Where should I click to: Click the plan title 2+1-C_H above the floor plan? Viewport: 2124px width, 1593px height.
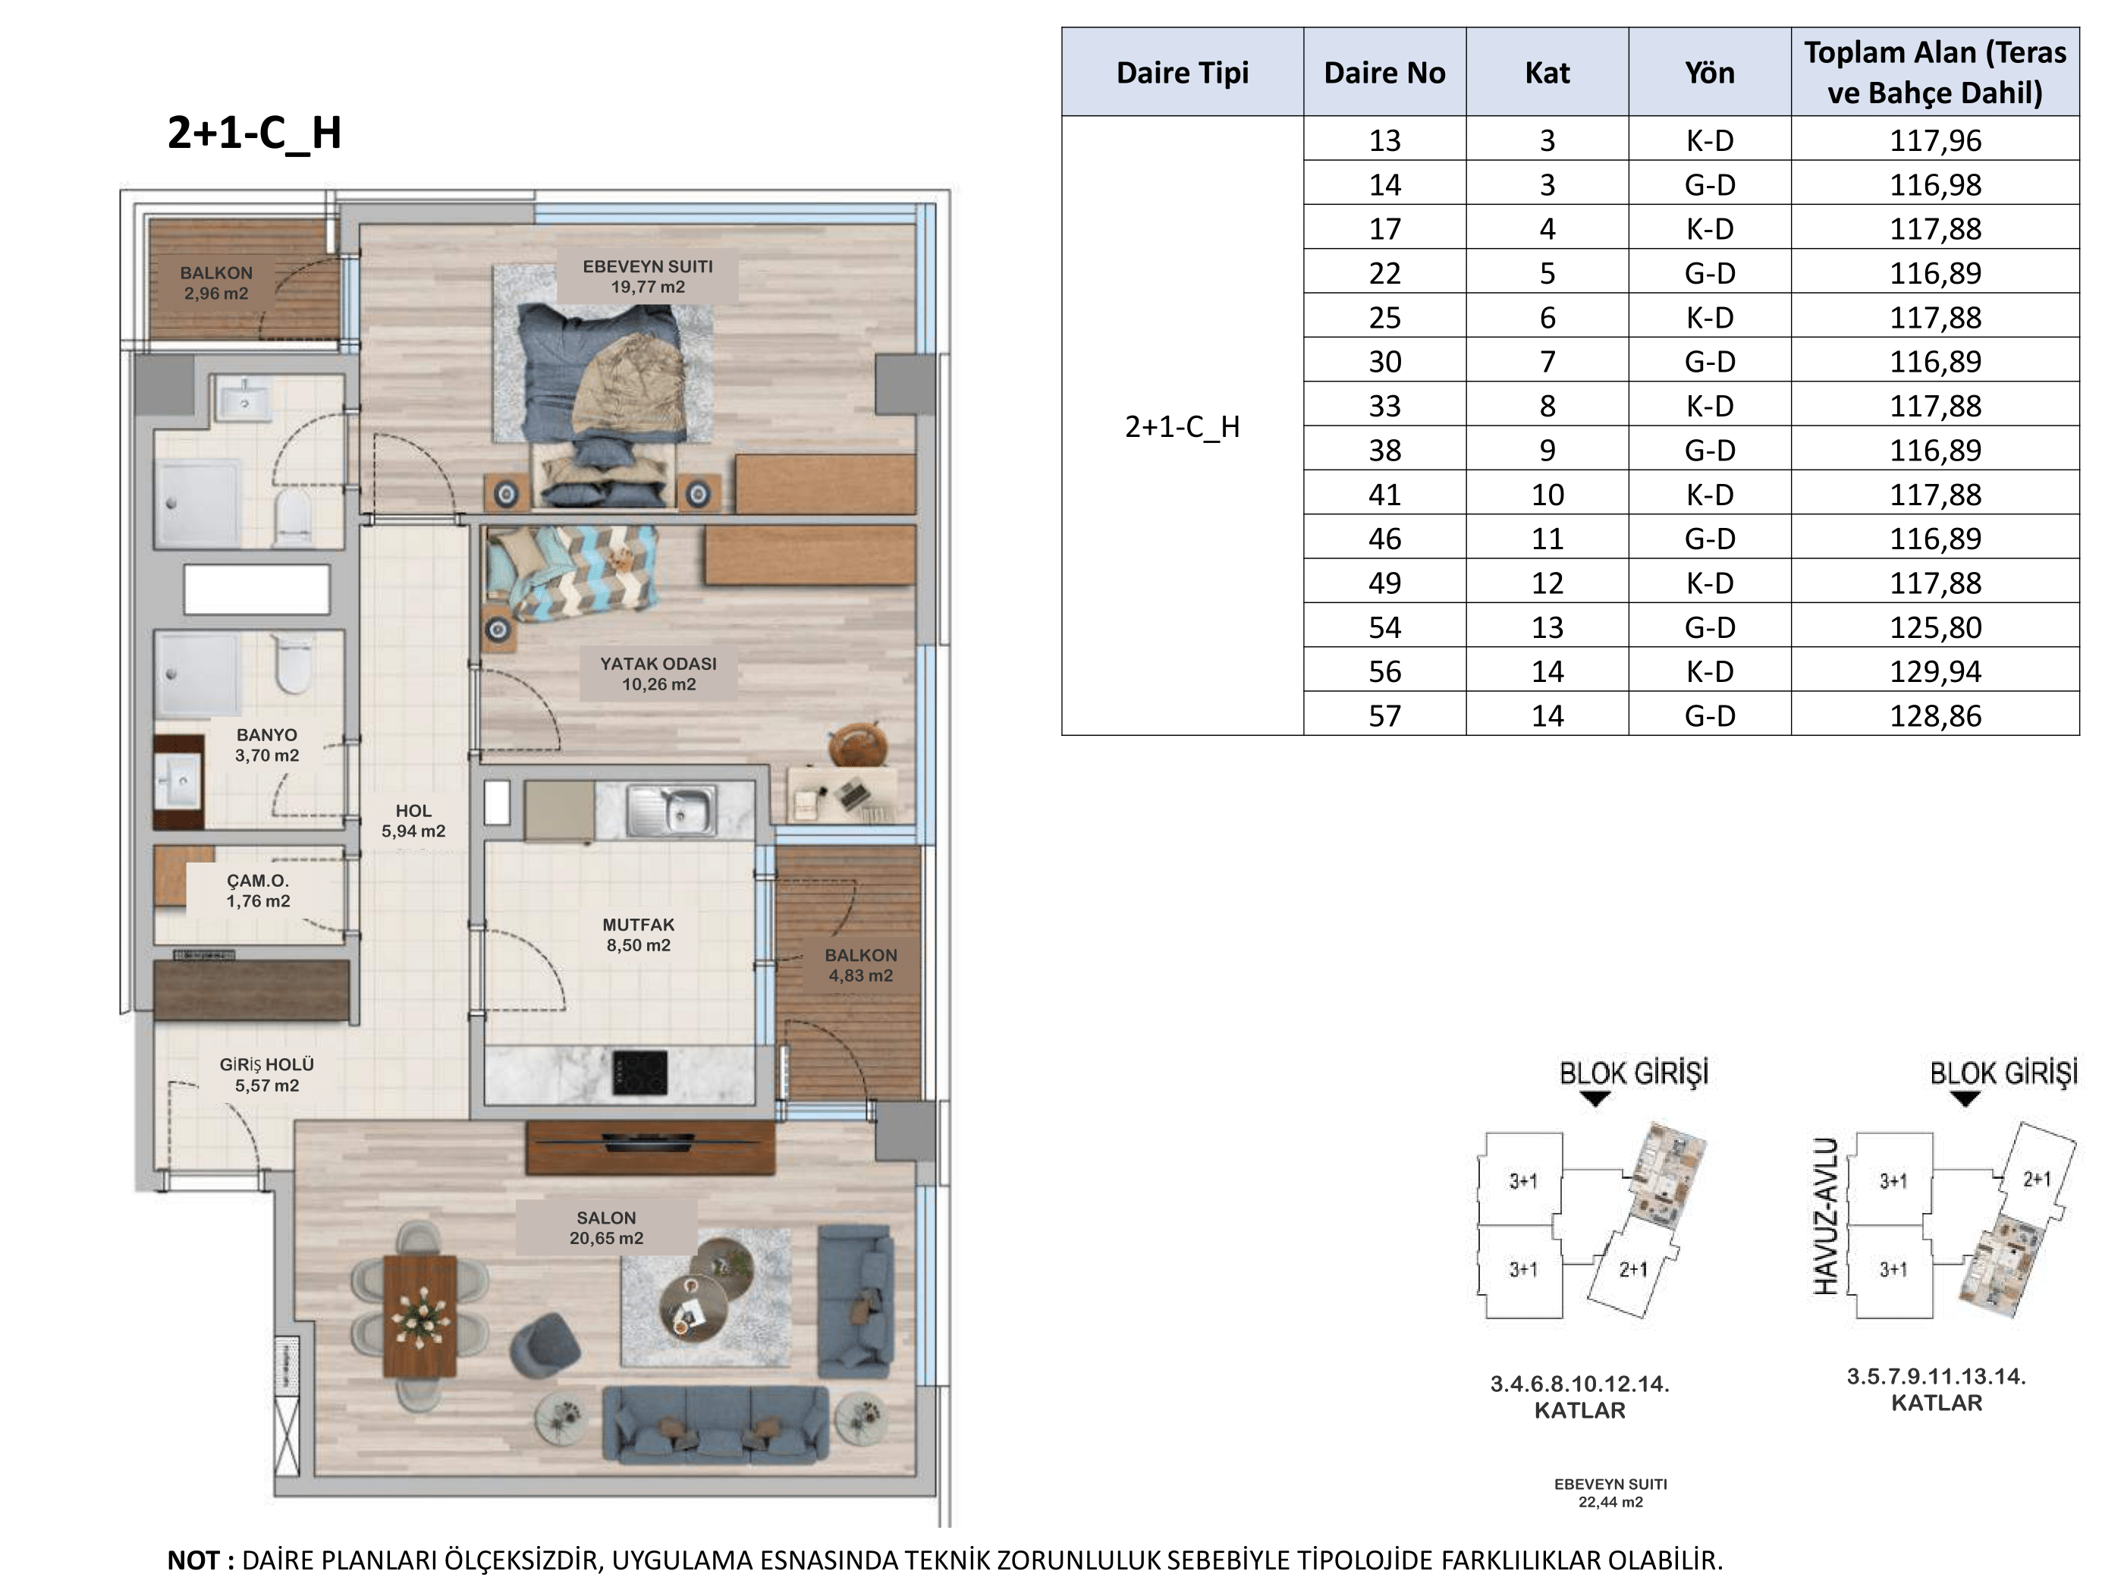[254, 133]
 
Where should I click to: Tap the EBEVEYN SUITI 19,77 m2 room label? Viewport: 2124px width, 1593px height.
[648, 277]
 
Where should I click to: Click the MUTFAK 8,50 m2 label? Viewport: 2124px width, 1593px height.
[639, 935]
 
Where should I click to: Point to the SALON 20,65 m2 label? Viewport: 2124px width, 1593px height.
[606, 1228]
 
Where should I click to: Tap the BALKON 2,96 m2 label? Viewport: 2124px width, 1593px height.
[216, 283]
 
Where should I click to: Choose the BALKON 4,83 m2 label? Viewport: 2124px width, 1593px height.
[861, 966]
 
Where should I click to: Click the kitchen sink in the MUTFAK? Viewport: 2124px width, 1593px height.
[672, 809]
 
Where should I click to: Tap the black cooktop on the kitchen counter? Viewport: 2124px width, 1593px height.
[640, 1073]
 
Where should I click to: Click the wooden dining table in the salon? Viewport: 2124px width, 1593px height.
[419, 1315]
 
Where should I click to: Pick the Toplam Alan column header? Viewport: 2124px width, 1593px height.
[1935, 72]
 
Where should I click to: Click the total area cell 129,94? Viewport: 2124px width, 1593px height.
[1936, 671]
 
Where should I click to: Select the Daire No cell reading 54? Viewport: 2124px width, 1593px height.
[1384, 627]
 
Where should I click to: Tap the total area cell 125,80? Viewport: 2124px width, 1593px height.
[1936, 627]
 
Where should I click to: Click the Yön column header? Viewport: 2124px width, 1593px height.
[1710, 72]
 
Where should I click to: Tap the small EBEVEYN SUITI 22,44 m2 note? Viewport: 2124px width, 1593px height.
[1611, 1493]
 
